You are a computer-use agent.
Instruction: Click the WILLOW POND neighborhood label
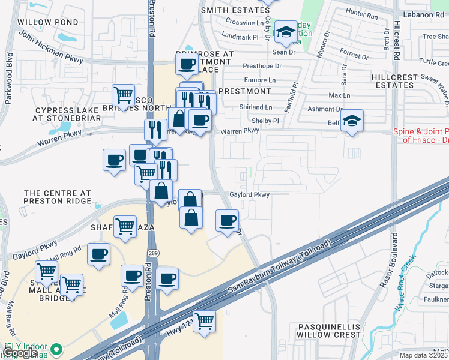tap(47, 22)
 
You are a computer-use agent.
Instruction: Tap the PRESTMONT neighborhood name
tap(244, 91)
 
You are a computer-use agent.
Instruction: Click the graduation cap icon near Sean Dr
tap(286, 32)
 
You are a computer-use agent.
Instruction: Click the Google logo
tap(20, 353)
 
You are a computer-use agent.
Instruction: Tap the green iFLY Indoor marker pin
tap(56, 349)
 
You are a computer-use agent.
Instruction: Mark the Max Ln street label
tap(339, 95)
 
